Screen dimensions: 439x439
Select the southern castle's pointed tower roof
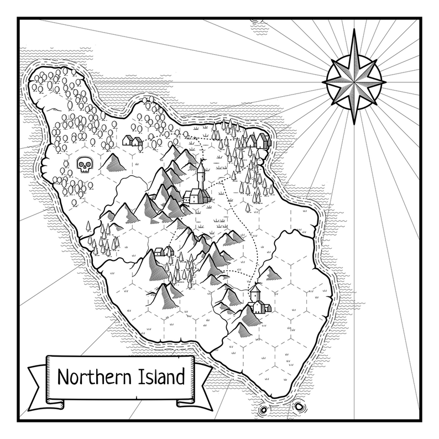click(255, 289)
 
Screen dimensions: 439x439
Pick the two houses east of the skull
click(133, 140)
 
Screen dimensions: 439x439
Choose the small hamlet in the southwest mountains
click(160, 252)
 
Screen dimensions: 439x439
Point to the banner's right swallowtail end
click(205, 387)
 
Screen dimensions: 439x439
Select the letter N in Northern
click(62, 378)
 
